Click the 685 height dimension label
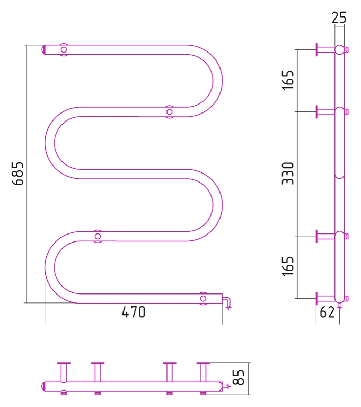click(17, 174)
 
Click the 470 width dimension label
click(134, 312)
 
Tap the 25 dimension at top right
click(339, 18)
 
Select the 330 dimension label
click(288, 174)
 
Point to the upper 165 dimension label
click(288, 80)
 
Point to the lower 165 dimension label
click(288, 266)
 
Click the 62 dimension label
click(327, 312)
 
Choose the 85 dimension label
click(239, 377)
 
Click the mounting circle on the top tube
click(64, 49)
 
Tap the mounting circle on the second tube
click(170, 112)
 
